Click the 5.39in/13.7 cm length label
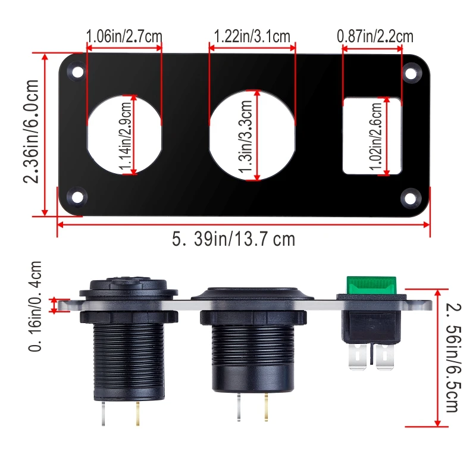tap(233, 239)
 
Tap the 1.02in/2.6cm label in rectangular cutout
tap(377, 136)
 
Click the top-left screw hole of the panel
tap(77, 72)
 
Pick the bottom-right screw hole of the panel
tap(410, 197)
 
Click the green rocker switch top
tap(370, 284)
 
